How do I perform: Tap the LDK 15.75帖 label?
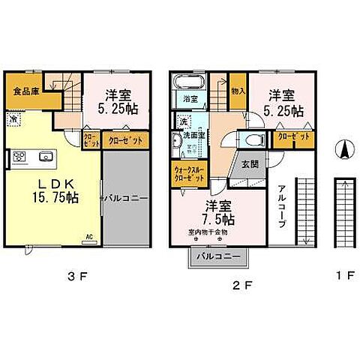[50, 190]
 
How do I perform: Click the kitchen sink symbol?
[43, 157]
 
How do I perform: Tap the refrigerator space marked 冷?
[14, 118]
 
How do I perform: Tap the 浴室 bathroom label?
[190, 98]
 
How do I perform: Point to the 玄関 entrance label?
[250, 166]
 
